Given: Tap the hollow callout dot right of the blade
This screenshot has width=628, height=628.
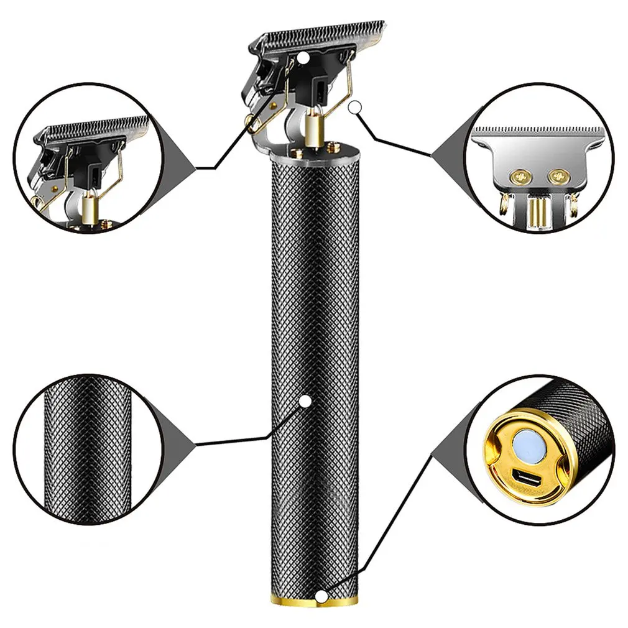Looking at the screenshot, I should point(354,108).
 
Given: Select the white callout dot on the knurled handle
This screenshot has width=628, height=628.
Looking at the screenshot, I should point(305,402).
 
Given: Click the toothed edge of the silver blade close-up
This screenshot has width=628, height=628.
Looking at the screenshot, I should point(538,130).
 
